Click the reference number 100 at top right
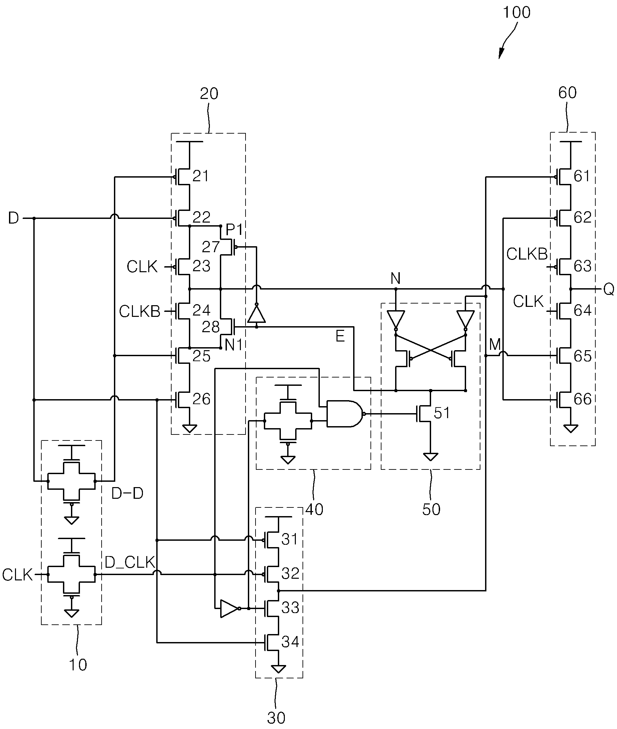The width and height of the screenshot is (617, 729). (x=516, y=13)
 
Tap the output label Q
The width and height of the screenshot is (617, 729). (x=609, y=290)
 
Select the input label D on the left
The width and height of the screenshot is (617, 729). (x=13, y=218)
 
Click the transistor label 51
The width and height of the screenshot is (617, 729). (x=442, y=413)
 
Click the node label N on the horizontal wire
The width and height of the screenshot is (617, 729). (x=395, y=279)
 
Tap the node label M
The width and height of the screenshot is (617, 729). (x=495, y=345)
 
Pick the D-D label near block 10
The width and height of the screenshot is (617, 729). (x=127, y=493)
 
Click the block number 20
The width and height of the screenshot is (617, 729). (x=209, y=94)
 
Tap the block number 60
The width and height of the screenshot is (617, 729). (x=567, y=93)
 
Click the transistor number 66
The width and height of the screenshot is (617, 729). (x=582, y=399)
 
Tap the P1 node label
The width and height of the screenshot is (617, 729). (x=234, y=230)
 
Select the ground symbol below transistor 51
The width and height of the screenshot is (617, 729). (x=430, y=457)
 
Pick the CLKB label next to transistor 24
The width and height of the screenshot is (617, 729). (x=140, y=311)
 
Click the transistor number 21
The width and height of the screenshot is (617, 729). (x=201, y=176)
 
